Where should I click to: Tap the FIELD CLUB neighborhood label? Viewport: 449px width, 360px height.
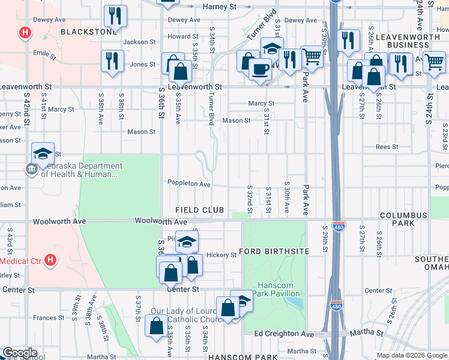[x=199, y=210]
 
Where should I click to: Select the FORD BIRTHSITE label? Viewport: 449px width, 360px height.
[x=274, y=251]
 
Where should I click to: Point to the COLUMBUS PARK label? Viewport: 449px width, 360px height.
[x=403, y=219]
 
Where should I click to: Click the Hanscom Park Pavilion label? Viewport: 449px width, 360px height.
[x=279, y=289]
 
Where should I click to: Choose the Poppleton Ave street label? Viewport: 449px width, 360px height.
[x=188, y=184]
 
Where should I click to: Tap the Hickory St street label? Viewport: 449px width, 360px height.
[x=221, y=255]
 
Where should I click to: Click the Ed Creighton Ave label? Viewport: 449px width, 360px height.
[x=284, y=334]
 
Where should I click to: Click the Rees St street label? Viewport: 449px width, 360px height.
[x=387, y=147]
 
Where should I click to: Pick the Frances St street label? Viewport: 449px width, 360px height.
[x=44, y=318]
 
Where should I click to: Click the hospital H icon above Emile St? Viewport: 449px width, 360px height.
[x=25, y=33]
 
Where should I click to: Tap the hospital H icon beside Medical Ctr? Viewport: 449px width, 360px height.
[x=50, y=260]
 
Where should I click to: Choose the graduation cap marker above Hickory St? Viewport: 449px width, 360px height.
[x=187, y=241]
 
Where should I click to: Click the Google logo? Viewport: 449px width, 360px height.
[x=20, y=353]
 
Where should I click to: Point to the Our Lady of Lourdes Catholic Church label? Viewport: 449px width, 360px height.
[x=187, y=315]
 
